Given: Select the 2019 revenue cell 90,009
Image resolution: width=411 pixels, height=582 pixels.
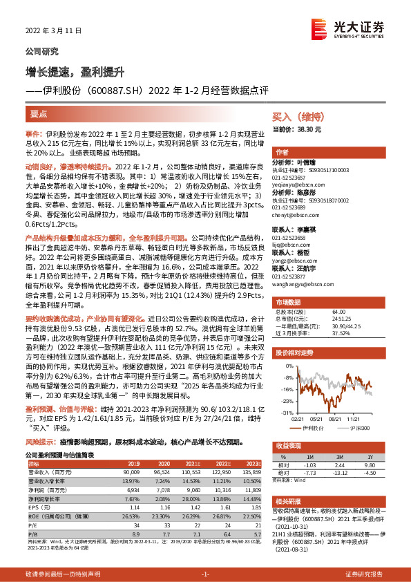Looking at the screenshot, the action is coord(131,471).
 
